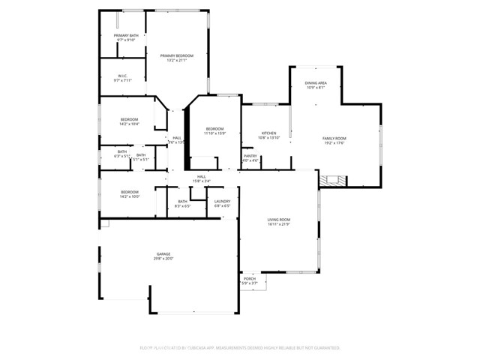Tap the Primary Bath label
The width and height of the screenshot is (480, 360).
click(x=126, y=35)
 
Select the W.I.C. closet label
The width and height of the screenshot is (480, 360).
click(x=123, y=76)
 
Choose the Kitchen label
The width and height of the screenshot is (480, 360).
click(x=268, y=133)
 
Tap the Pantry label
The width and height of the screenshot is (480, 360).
click(x=250, y=155)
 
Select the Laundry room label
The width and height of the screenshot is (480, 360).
click(x=222, y=201)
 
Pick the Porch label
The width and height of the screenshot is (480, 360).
click(x=249, y=278)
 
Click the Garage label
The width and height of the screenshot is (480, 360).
click(x=163, y=254)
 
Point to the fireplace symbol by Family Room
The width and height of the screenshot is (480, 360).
click(x=331, y=180)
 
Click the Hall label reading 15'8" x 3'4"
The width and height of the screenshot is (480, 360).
click(x=201, y=176)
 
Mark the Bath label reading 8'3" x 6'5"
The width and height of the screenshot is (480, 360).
click(x=182, y=201)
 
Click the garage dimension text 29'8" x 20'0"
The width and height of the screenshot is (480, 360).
click(x=163, y=259)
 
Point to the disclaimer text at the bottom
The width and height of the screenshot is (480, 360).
click(x=240, y=348)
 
